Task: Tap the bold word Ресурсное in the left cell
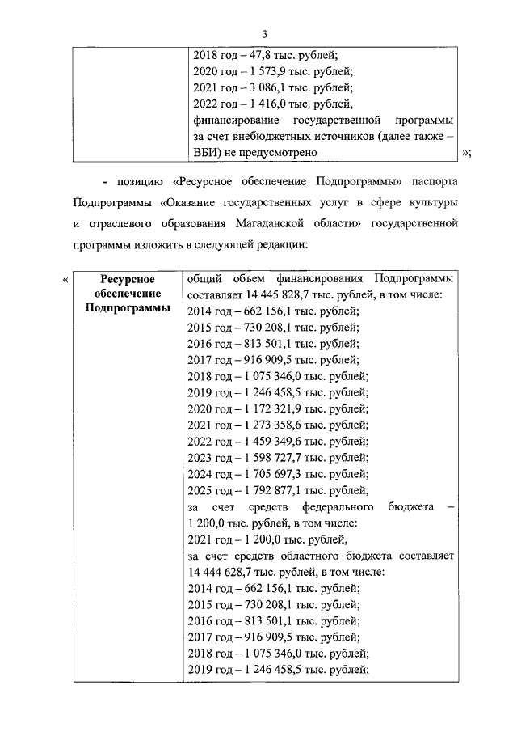[x=128, y=280]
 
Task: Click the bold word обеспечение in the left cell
[x=128, y=294]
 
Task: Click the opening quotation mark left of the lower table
[x=65, y=280]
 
